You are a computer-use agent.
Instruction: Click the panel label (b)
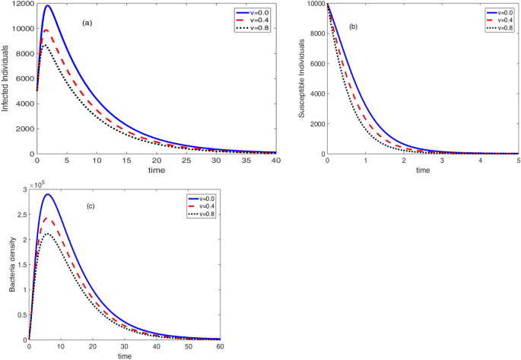(353, 27)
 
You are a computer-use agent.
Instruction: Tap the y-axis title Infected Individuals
(6, 79)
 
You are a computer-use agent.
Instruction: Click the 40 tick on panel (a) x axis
(275, 161)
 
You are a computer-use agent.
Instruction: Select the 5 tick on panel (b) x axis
(518, 161)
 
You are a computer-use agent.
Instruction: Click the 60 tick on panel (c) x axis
(221, 347)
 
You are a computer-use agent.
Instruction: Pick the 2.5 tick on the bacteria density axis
(21, 214)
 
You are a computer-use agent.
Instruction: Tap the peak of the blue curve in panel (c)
(49, 194)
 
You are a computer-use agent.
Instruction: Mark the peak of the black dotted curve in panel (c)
(48, 234)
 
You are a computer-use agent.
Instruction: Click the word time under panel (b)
(422, 170)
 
